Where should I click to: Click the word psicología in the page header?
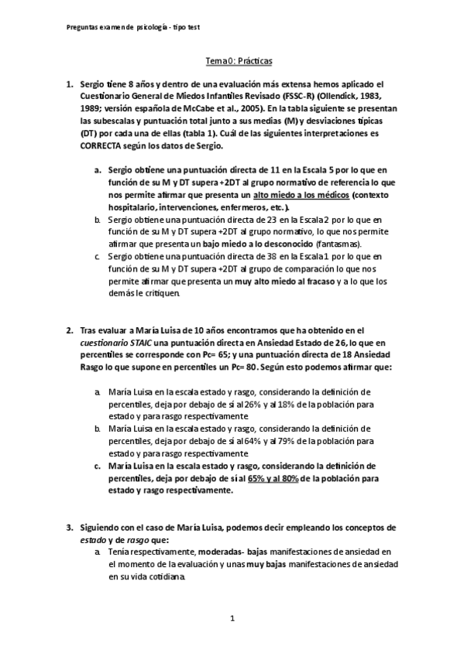point(158,26)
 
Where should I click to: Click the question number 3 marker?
point(70,526)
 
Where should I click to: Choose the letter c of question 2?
point(98,466)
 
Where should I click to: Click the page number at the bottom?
point(232,618)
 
